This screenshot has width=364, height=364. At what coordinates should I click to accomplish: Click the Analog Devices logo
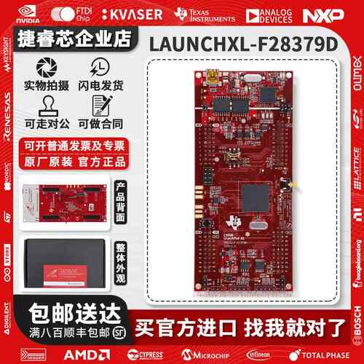pos(270,15)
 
